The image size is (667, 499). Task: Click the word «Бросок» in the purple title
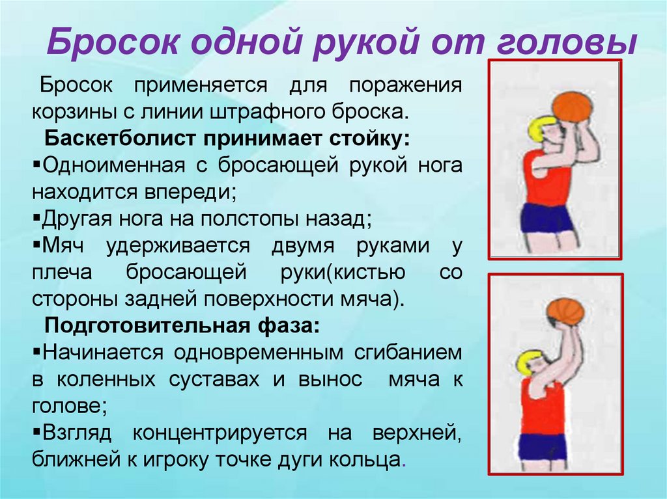click(x=113, y=41)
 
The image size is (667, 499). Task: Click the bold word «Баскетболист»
click(x=120, y=139)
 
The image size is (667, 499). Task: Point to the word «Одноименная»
click(x=113, y=166)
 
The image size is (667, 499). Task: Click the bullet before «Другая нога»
click(x=36, y=218)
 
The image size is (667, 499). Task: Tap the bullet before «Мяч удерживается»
click(x=36, y=245)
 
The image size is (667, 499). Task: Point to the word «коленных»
click(x=106, y=379)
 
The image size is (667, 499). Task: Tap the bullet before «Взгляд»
click(x=36, y=433)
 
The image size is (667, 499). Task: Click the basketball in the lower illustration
click(x=565, y=313)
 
